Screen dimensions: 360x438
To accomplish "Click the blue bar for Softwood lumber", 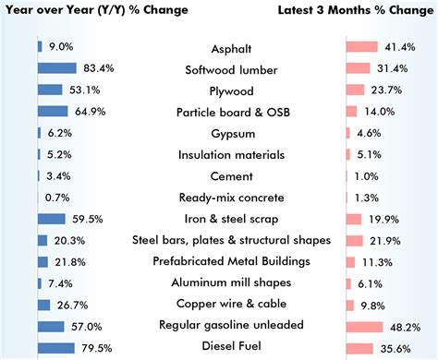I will (56, 68).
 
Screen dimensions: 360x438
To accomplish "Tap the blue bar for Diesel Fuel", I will (55, 348).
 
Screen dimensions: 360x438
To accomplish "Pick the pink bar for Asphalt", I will (361, 46).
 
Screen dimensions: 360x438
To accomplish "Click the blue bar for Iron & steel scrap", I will (51, 219).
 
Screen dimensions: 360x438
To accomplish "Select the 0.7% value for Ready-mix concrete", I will (57, 198).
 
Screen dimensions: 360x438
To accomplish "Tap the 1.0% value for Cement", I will (368, 176).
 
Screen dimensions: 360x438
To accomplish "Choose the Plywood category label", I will (218, 90).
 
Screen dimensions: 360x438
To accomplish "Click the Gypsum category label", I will (218, 133).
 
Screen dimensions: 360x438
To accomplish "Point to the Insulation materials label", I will (218, 154).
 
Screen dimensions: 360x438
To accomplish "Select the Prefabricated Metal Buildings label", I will (218, 262).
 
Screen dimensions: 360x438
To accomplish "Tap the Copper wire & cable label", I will (218, 305).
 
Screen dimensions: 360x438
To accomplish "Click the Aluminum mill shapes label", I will (218, 283).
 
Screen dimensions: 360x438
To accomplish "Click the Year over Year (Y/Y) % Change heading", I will (94, 10).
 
